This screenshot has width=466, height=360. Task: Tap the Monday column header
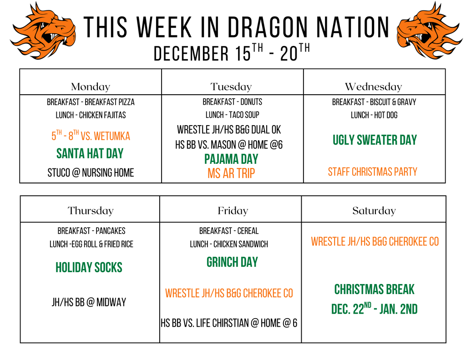point(91,86)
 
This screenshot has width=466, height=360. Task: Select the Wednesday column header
point(373,86)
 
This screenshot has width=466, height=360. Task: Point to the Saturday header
point(374,210)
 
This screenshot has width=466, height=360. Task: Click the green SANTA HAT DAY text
point(90,153)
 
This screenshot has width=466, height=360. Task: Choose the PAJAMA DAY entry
point(231,159)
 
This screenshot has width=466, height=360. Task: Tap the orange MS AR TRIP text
point(231,173)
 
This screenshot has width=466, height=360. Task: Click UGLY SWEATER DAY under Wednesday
point(374,140)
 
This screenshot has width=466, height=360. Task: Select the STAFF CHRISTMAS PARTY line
point(372,172)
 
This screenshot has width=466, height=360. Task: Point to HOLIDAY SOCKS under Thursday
point(89,267)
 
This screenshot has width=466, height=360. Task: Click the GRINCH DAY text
point(232,262)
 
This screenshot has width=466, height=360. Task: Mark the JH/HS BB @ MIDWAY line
point(89,302)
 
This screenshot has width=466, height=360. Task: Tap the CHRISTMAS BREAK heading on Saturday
point(374,289)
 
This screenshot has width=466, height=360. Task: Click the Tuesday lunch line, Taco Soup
point(232,115)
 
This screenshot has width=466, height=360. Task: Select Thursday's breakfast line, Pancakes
point(91,231)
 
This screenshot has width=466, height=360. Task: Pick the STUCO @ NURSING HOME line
point(91,173)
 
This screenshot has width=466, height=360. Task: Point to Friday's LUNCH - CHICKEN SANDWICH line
point(229,244)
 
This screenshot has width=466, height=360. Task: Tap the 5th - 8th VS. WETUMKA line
point(91,136)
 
